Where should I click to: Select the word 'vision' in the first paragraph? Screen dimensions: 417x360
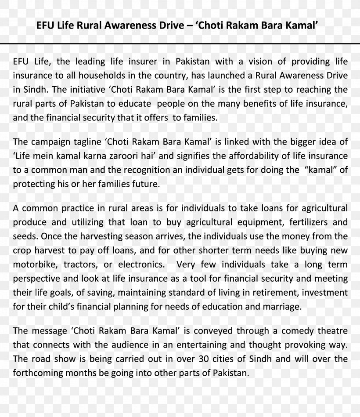pyautogui.click(x=267, y=61)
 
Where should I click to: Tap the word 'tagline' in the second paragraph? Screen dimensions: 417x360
pyautogui.click(x=86, y=141)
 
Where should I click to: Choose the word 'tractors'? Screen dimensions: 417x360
pyautogui.click(x=80, y=265)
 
